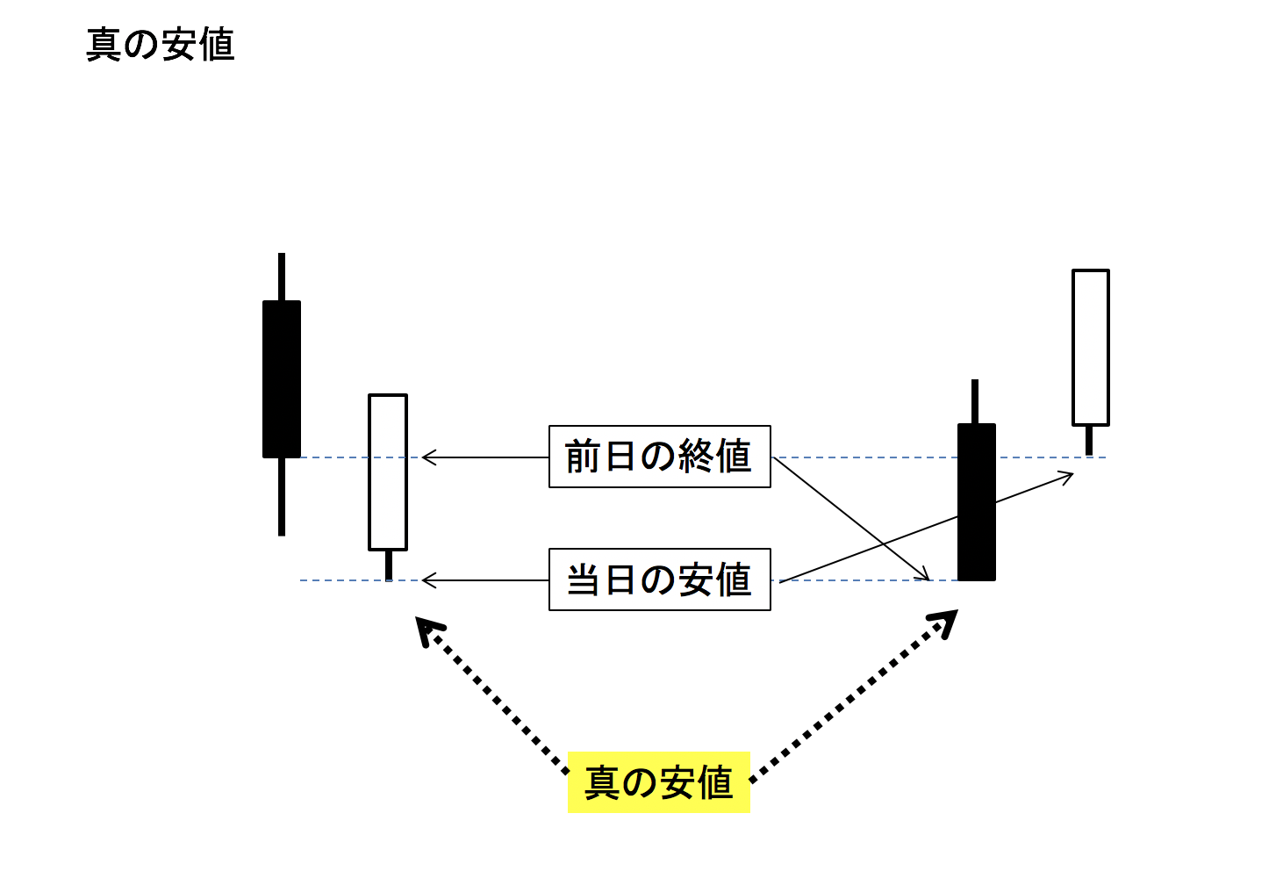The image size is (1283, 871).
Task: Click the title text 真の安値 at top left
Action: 161,45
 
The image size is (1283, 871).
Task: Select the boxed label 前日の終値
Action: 659,457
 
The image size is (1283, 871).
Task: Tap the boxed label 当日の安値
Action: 659,579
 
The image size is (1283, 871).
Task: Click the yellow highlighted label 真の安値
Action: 658,781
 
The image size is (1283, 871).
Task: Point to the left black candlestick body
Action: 282,379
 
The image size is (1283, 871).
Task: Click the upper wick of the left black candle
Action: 282,277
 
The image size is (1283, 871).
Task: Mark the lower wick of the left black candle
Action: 282,496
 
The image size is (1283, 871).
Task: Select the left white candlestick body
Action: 388,472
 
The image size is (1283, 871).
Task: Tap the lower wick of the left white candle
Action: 388,565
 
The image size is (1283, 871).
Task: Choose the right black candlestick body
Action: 976,502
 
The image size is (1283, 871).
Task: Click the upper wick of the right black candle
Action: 974,401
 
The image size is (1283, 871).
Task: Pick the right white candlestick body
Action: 1090,348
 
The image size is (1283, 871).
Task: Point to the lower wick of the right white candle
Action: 1089,440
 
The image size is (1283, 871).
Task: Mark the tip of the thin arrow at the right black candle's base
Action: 927,579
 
